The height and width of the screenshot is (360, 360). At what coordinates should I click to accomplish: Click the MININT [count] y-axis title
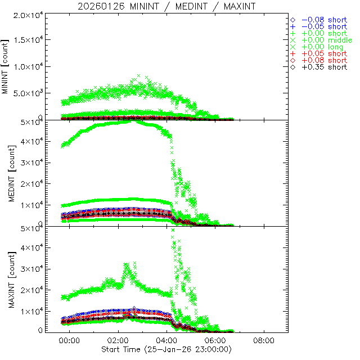pos(6,66)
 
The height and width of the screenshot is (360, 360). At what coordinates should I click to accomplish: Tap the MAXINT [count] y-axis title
pos(6,280)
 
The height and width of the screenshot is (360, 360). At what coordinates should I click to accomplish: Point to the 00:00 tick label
pos(70,341)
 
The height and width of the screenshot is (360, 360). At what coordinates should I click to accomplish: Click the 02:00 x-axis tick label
pos(118,341)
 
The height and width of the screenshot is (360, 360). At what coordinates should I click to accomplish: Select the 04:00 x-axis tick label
pos(166,341)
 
